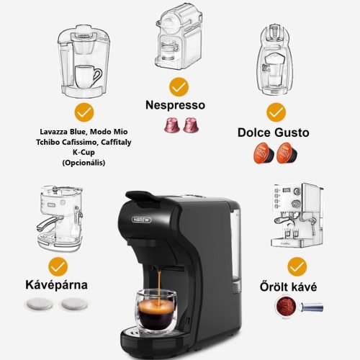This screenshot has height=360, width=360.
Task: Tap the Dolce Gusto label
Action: click(273, 132)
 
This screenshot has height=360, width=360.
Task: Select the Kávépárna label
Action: click(57, 284)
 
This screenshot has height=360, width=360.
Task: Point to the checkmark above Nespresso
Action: click(179, 87)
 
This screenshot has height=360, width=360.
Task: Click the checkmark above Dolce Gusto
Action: click(275, 112)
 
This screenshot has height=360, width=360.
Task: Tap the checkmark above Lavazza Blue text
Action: click(84, 112)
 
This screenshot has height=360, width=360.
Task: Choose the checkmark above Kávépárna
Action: click(57, 265)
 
